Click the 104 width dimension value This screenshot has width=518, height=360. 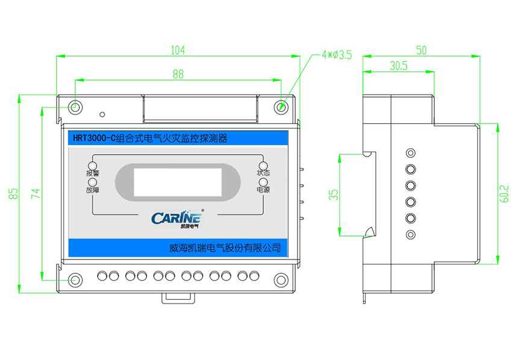pyautogui.click(x=177, y=50)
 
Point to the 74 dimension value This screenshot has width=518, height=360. pyautogui.click(x=36, y=193)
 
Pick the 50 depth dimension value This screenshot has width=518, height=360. pyautogui.click(x=421, y=50)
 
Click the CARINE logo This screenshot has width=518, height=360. pyautogui.click(x=178, y=218)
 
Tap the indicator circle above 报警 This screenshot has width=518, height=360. pyautogui.click(x=93, y=166)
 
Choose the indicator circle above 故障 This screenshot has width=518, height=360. pyautogui.click(x=93, y=182)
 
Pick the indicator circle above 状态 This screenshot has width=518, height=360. pyautogui.click(x=263, y=166)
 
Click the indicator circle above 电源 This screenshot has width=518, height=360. pyautogui.click(x=263, y=182)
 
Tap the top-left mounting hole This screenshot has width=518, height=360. pyautogui.click(x=75, y=107)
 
